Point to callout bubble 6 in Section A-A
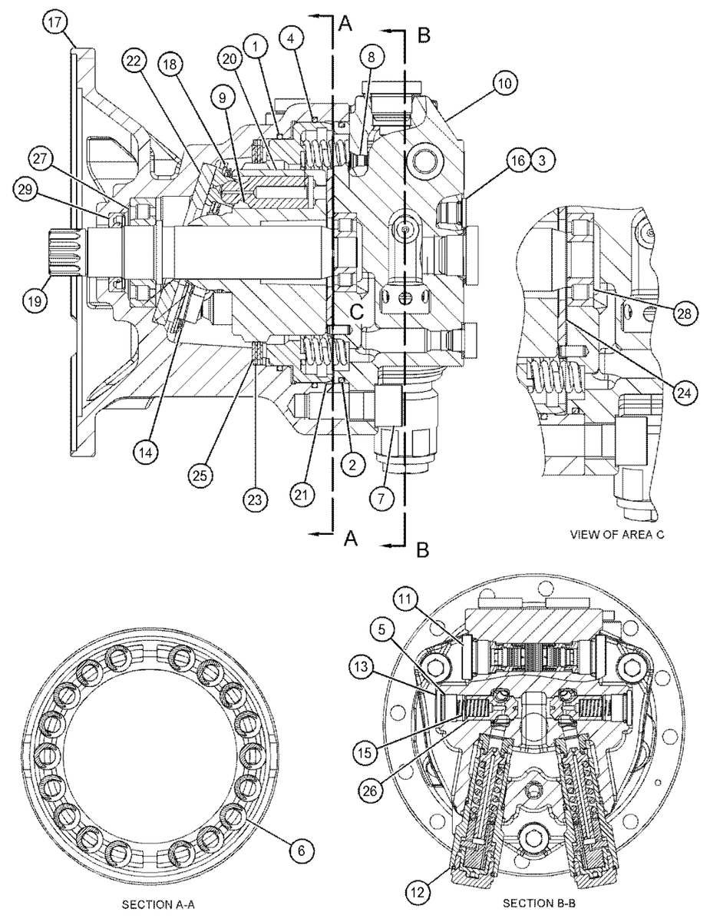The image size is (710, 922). (x=302, y=850)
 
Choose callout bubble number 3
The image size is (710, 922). (x=542, y=160)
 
